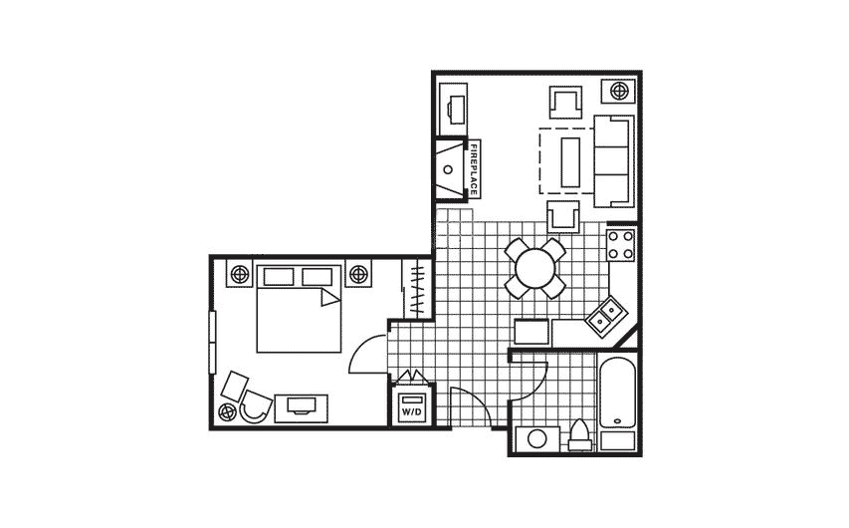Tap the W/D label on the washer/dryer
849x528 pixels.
tap(411, 409)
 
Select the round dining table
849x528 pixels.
tap(534, 267)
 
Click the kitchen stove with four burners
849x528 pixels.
tap(621, 245)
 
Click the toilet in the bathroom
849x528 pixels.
tap(579, 435)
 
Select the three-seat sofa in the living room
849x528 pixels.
tap(612, 159)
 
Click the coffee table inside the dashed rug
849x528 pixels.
tap(572, 160)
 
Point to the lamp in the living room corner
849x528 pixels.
tap(619, 92)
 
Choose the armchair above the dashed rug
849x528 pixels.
tap(565, 103)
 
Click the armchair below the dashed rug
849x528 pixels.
tap(563, 214)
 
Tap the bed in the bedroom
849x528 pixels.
tap(295, 309)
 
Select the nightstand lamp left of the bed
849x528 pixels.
tap(240, 273)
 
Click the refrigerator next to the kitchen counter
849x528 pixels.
tap(531, 331)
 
